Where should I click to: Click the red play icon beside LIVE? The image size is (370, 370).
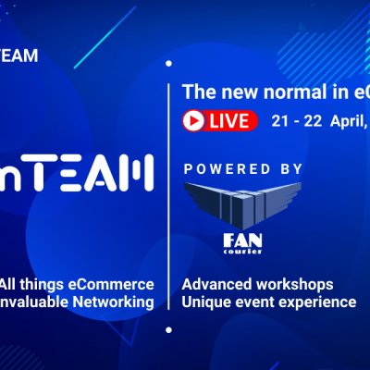click(x=194, y=119)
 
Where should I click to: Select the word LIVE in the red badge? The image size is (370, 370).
click(x=230, y=119)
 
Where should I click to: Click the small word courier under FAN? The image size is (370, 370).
click(x=237, y=252)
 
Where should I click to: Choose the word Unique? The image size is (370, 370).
click(x=206, y=302)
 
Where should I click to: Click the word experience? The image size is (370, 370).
click(x=316, y=302)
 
